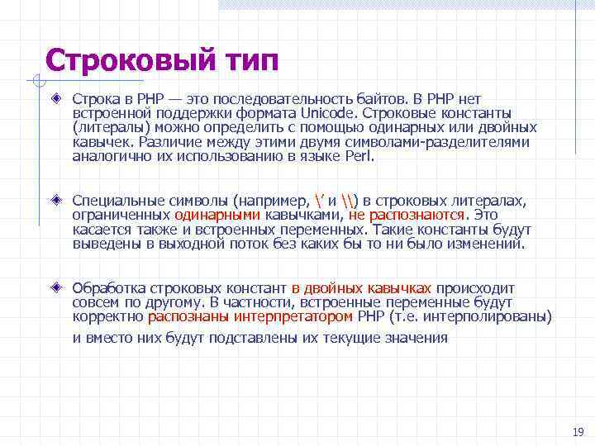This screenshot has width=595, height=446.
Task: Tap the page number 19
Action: pyautogui.click(x=578, y=432)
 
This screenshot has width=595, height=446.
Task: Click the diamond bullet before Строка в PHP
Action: pyautogui.click(x=56, y=97)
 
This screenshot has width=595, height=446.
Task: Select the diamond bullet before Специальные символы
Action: pyautogui.click(x=56, y=200)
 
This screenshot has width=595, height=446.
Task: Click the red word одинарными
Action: pyautogui.click(x=217, y=215)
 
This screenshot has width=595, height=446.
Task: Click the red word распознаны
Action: pyautogui.click(x=188, y=316)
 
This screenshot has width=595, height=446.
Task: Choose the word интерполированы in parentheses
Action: pyautogui.click(x=493, y=316)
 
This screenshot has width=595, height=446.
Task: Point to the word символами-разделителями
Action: pyautogui.click(x=462, y=141)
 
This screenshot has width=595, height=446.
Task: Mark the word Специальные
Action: pyautogui.click(x=114, y=200)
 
